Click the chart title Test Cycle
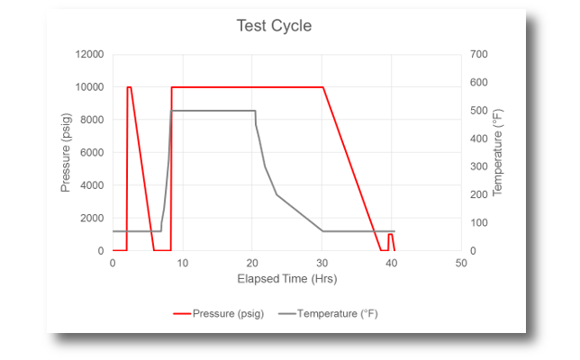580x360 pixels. [x=274, y=26]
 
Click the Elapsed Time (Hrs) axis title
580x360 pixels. [x=286, y=279]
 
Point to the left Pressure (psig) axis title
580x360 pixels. [x=66, y=153]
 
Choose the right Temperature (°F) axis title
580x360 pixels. [x=498, y=153]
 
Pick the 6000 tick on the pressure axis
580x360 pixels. [x=91, y=153]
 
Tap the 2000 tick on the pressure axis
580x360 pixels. [x=91, y=219]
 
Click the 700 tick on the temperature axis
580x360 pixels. [x=478, y=55]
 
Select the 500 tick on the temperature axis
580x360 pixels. [x=478, y=111]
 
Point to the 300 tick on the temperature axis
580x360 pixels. [x=478, y=167]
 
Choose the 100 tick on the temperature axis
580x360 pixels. [x=478, y=223]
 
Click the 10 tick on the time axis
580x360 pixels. [x=182, y=263]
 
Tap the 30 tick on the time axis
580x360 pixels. [x=322, y=263]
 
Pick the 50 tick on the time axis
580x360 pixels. [x=461, y=263]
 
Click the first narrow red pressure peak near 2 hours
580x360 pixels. [x=129, y=87]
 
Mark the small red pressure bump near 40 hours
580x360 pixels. [x=390, y=235]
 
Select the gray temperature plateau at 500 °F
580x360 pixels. [x=213, y=111]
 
